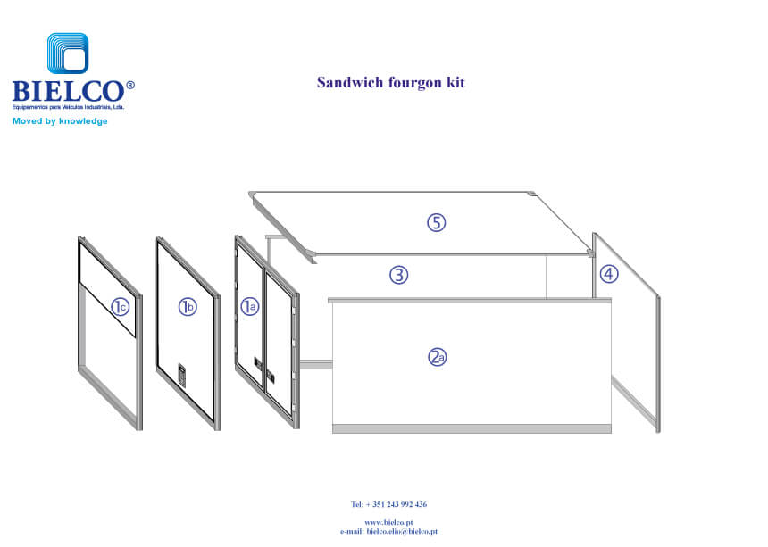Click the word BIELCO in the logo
point(67,91)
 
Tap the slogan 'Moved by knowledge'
point(60,120)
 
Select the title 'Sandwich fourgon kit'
point(390,83)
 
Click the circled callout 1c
point(121,307)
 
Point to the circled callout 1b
point(187,307)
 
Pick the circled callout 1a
point(249,307)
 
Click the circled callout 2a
point(437,357)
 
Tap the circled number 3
point(398,275)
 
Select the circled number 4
point(608,274)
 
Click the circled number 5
point(435,223)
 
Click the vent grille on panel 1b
point(183,374)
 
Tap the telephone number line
point(388,504)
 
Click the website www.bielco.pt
point(388,522)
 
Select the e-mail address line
point(388,531)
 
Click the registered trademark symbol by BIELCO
point(130,86)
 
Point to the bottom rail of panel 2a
point(472,429)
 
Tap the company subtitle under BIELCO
point(67,106)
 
